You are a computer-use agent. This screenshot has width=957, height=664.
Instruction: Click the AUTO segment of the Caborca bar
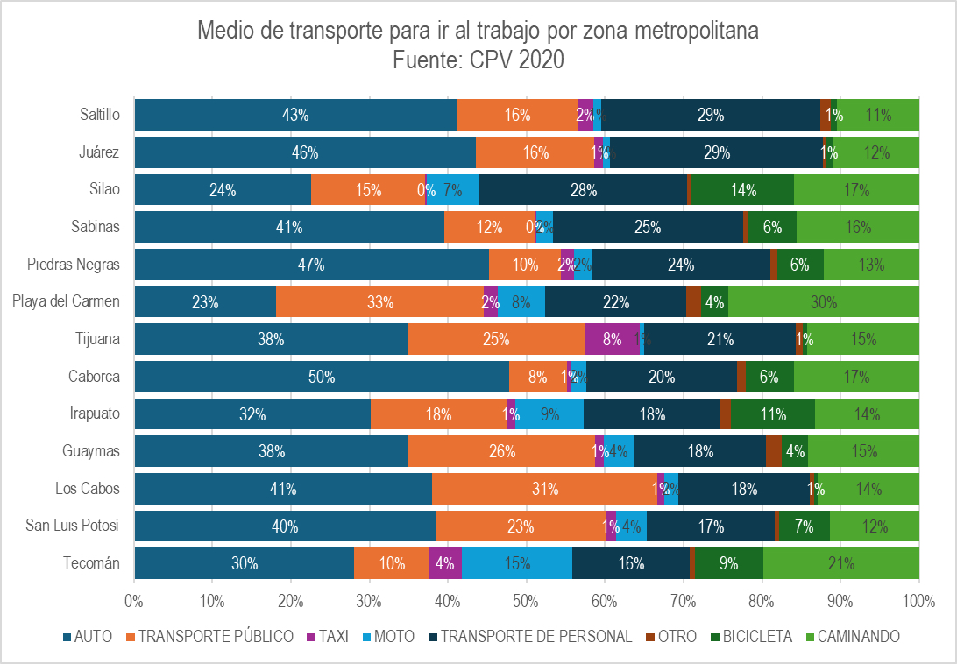(321, 377)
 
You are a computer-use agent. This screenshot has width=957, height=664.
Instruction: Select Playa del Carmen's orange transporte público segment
(379, 302)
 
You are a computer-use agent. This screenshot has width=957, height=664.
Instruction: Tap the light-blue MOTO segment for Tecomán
(516, 563)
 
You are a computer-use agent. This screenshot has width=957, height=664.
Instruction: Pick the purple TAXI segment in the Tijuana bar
(612, 339)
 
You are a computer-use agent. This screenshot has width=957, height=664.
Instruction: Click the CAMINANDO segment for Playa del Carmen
(823, 302)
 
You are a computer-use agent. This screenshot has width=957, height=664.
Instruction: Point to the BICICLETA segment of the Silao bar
(742, 190)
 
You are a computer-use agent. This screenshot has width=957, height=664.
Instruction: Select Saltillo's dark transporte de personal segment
(710, 115)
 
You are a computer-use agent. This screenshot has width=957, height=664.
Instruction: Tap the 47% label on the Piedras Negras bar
(311, 265)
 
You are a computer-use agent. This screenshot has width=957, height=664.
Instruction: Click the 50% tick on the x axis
(526, 602)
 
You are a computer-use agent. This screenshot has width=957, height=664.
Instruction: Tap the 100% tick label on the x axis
(918, 602)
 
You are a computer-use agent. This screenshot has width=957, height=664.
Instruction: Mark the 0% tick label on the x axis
(134, 602)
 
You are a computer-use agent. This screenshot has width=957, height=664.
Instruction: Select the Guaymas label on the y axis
(93, 451)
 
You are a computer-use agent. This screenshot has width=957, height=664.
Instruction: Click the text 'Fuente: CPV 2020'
(478, 60)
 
